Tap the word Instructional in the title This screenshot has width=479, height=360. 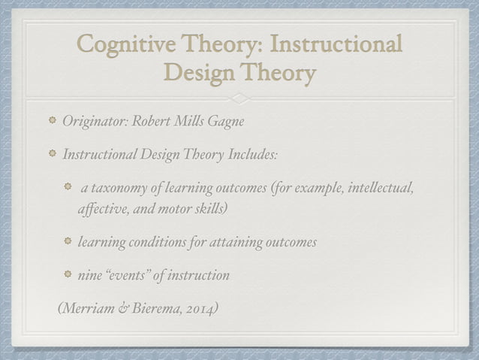click(340, 45)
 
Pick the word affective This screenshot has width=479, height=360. click(101, 208)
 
